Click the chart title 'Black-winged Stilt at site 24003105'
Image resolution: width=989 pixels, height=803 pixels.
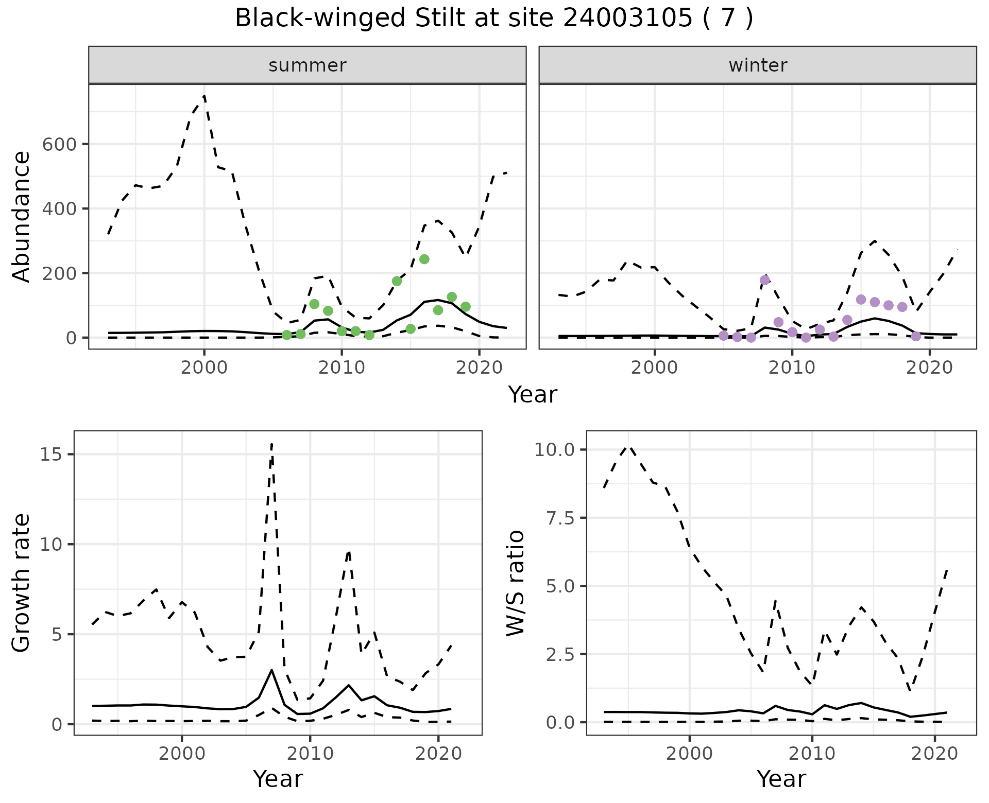click(x=493, y=19)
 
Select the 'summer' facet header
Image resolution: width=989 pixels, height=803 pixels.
click(x=307, y=65)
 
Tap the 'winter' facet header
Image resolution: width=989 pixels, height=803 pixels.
click(x=757, y=65)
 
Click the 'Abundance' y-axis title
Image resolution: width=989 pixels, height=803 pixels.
click(x=21, y=216)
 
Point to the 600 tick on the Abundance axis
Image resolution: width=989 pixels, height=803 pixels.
click(x=59, y=144)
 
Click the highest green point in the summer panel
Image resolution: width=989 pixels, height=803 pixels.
click(x=424, y=259)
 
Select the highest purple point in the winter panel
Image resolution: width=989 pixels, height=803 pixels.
click(x=764, y=280)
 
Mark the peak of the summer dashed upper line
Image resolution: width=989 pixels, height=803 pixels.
click(x=204, y=95)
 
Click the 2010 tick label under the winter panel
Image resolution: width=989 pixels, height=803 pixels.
click(x=792, y=368)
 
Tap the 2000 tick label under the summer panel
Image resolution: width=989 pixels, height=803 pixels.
click(x=204, y=368)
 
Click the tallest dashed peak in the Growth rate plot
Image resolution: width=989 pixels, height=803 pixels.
click(x=271, y=443)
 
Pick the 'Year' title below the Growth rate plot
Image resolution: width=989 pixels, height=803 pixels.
click(x=278, y=779)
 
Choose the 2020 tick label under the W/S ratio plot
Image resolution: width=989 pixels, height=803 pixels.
click(x=934, y=754)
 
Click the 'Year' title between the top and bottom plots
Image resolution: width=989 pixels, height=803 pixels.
click(x=533, y=395)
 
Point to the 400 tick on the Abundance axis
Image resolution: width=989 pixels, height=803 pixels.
click(x=59, y=208)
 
